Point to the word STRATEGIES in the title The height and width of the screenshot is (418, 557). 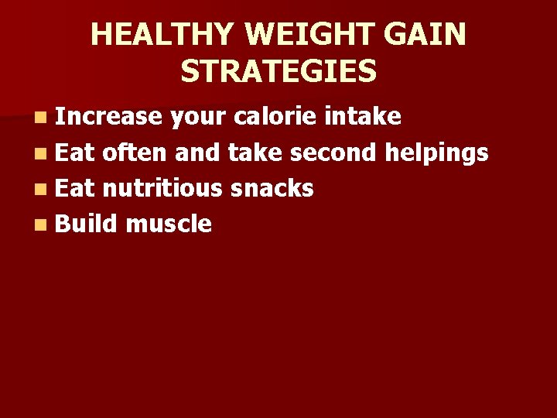pos(278,71)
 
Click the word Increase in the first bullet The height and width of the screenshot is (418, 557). pos(108,117)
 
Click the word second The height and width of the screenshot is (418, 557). pos(334,152)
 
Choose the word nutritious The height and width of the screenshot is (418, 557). pos(162,188)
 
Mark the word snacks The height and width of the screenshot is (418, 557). pos(272,188)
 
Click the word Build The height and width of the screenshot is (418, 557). pos(86,224)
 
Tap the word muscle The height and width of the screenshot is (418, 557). pos(168,224)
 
